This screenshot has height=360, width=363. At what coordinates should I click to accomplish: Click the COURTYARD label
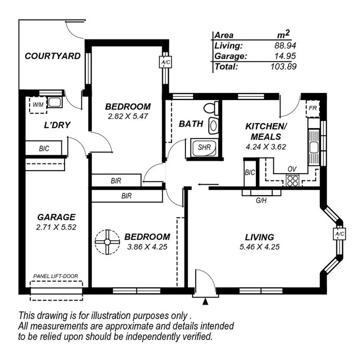(x=52, y=56)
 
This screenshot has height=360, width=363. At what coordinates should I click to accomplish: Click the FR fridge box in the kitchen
(x=313, y=108)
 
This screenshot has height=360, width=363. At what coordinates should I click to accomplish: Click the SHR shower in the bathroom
(x=204, y=147)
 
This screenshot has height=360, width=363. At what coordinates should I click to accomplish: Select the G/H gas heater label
(x=261, y=200)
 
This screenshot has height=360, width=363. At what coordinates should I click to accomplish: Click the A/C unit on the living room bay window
(x=339, y=234)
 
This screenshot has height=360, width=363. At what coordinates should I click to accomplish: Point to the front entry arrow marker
(x=205, y=302)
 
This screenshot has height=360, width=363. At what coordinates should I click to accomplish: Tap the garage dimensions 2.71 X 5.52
(x=56, y=227)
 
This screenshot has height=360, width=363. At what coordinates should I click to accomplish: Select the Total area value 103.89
(x=283, y=66)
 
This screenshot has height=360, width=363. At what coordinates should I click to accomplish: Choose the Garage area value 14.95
(x=285, y=56)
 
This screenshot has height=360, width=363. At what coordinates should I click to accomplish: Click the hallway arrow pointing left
(x=208, y=184)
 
